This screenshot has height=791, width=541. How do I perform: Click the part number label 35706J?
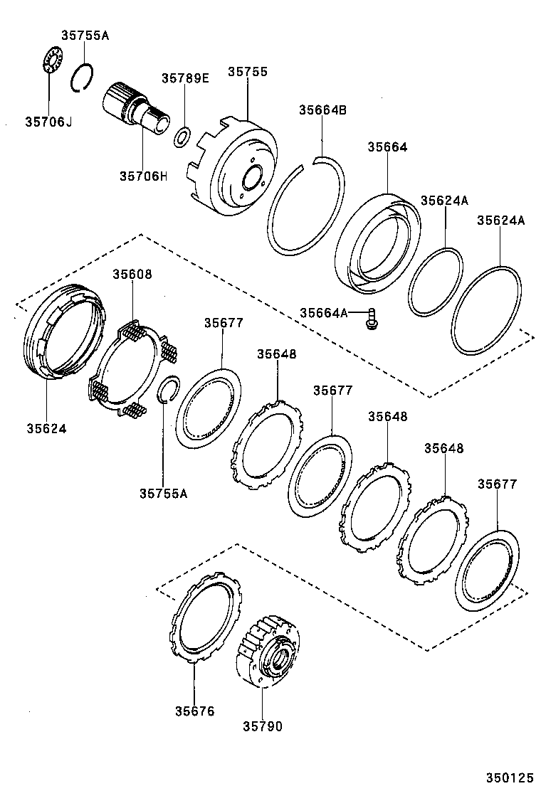[x=49, y=122]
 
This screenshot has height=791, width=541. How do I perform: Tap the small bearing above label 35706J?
[x=48, y=58]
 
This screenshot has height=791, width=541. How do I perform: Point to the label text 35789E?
[x=185, y=78]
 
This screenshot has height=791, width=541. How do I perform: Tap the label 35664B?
[x=322, y=110]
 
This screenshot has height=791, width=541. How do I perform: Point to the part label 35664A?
[x=323, y=312]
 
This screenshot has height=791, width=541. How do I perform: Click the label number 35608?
[x=132, y=274]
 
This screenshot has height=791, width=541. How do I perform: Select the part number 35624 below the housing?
[x=47, y=428]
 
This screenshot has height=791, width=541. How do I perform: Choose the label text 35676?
[x=194, y=711]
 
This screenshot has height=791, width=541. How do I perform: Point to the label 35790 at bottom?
[x=262, y=726]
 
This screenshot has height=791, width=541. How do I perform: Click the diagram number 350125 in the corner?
[x=509, y=778]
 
